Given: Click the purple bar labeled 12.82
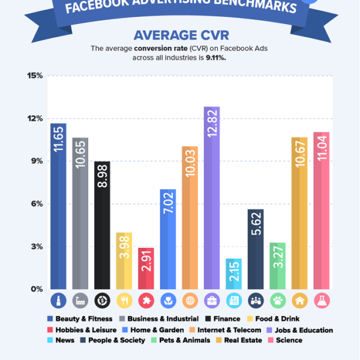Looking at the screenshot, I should [x=212, y=198].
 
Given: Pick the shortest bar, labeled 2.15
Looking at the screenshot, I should [x=234, y=274].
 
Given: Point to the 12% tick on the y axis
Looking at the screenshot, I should [x=34, y=118].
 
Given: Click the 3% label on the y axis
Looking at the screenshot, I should [x=37, y=247].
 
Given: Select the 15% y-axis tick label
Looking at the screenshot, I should [x=34, y=76].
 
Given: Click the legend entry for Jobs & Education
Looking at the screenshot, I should [x=302, y=329].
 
